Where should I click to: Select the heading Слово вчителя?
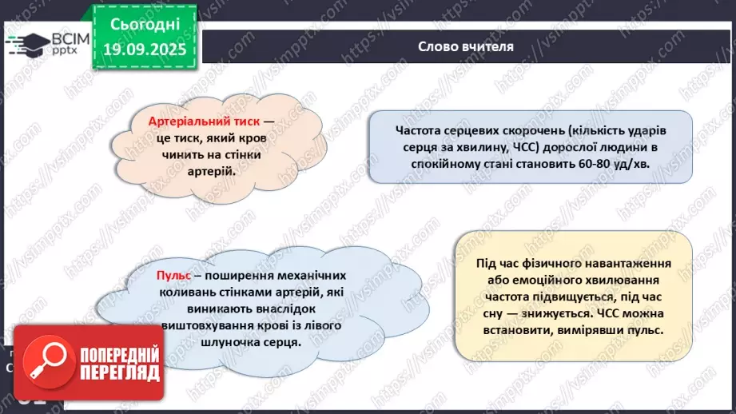point(466,46)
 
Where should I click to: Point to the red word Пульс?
point(173,276)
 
